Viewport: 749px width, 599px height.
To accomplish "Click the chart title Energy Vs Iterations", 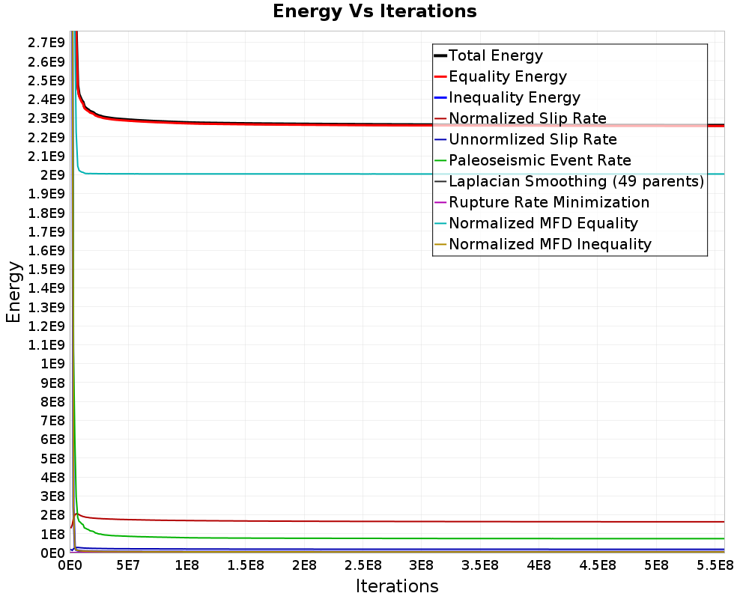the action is click(374, 11).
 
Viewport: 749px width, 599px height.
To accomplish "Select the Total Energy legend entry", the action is click(488, 55).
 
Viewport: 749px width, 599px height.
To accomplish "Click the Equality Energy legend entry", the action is click(500, 76).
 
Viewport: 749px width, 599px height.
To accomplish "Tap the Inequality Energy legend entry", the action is click(507, 97).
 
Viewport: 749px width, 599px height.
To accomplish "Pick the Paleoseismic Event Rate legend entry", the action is click(533, 160).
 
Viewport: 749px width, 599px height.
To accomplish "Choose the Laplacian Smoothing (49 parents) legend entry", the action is click(569, 181).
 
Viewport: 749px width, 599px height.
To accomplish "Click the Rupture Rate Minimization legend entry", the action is click(542, 202).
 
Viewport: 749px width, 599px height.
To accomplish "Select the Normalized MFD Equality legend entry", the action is click(536, 224).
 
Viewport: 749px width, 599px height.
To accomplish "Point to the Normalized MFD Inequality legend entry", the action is click(542, 245).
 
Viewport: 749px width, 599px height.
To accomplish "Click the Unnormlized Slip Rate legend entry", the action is click(526, 139).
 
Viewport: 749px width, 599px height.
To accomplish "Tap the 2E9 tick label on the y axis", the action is click(52, 175).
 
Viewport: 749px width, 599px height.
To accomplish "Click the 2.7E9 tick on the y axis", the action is click(46, 43).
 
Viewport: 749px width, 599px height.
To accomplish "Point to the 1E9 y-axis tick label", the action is click(52, 364).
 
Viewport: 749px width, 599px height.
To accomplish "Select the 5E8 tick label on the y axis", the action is click(52, 458).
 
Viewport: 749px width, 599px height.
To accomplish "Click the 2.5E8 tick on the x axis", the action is click(363, 565).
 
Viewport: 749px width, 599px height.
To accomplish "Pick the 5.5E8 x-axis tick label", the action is click(715, 565).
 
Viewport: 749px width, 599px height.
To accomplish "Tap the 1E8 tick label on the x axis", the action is click(187, 565).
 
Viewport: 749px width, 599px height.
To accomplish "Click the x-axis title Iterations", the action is click(397, 586).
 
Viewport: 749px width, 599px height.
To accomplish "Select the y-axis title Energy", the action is click(13, 292).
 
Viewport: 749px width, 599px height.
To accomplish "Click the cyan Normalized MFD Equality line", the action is click(401, 174).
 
